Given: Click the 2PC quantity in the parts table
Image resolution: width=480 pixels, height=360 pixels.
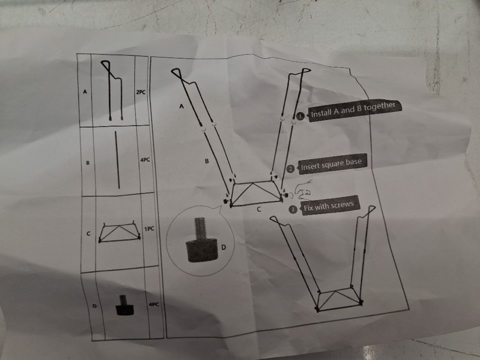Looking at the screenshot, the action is (140, 92).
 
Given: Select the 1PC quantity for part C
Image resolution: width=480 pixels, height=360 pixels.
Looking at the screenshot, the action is (149, 228).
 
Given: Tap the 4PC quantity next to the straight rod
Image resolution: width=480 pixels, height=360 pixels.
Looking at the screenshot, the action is (145, 160).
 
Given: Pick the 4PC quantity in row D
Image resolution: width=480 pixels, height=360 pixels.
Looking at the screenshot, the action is (153, 304).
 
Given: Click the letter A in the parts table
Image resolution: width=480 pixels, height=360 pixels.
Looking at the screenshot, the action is (85, 91).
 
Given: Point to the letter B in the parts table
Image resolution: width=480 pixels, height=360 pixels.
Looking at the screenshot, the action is (88, 163).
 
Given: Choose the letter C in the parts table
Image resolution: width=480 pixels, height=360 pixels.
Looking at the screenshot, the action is (88, 233).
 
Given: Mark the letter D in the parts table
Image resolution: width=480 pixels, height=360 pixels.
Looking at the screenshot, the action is (94, 305).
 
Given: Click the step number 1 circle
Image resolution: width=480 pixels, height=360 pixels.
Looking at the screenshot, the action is (300, 116).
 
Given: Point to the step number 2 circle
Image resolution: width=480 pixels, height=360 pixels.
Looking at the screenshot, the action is (290, 168).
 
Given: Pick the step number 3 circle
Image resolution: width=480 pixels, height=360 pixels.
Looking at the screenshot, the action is (293, 209).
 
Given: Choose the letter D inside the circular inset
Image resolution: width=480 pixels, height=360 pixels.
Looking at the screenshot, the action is (223, 247).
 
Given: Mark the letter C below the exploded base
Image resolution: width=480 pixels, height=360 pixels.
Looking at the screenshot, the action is (259, 209).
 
